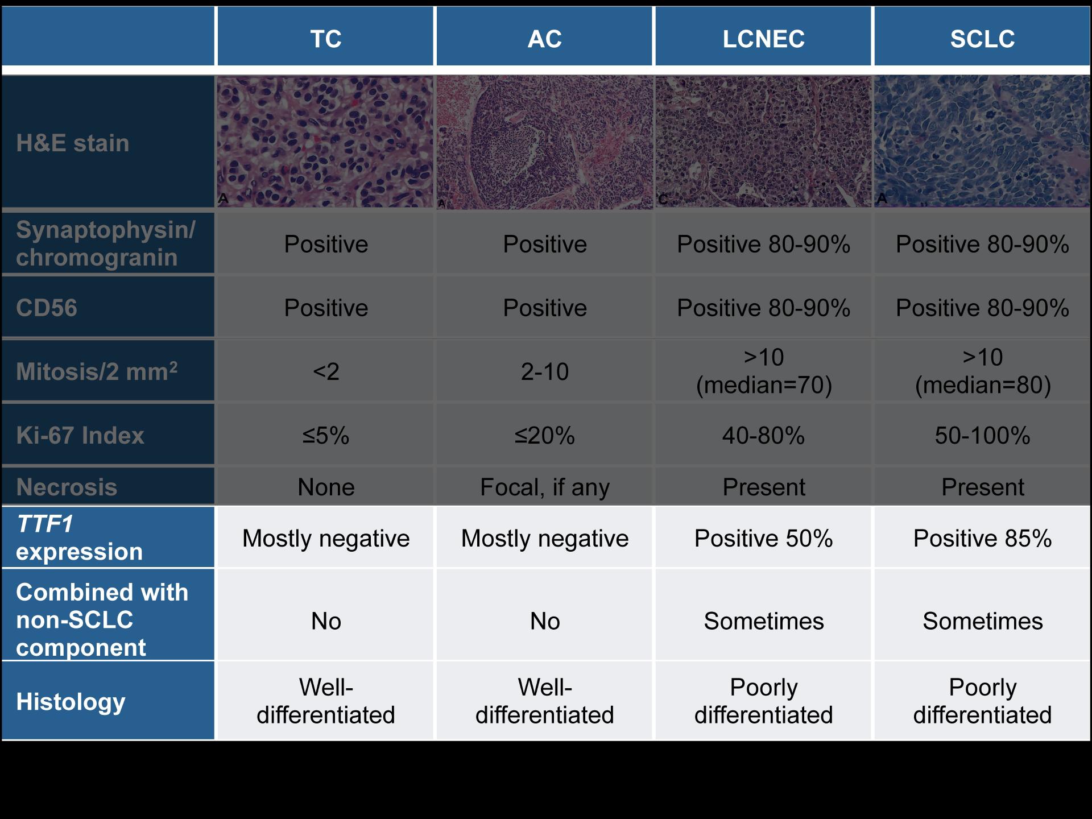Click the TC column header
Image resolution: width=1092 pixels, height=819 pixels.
click(x=326, y=39)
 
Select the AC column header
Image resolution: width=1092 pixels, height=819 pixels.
click(x=545, y=39)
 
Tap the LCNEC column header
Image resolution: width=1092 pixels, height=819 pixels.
click(x=764, y=39)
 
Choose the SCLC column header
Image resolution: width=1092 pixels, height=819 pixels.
click(x=982, y=39)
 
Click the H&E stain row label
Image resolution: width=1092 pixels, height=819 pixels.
click(x=73, y=143)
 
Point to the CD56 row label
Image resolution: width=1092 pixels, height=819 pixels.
click(x=47, y=308)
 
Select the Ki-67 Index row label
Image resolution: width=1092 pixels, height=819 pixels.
click(x=80, y=435)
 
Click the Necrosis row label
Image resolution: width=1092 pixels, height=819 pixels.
click(x=67, y=487)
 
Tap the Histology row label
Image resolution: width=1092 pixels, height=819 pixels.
click(x=71, y=702)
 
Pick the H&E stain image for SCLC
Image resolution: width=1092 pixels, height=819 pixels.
click(x=982, y=142)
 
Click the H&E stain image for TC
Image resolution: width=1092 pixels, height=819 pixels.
click(x=325, y=142)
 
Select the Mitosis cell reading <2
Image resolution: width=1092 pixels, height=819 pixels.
click(x=326, y=372)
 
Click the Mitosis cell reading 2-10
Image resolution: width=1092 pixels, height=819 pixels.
click(x=545, y=372)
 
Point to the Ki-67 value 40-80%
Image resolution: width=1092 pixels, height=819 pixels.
click(x=764, y=436)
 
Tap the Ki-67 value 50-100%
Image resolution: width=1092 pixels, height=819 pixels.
click(x=982, y=436)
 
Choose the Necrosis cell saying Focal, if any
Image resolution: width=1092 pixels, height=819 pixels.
click(x=545, y=487)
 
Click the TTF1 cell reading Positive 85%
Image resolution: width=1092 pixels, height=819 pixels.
click(x=982, y=538)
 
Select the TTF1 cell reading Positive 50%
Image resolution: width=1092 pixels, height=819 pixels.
click(x=764, y=538)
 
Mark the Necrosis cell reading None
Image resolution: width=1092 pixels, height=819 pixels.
click(x=326, y=487)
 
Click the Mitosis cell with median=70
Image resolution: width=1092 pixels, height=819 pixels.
click(x=764, y=371)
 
